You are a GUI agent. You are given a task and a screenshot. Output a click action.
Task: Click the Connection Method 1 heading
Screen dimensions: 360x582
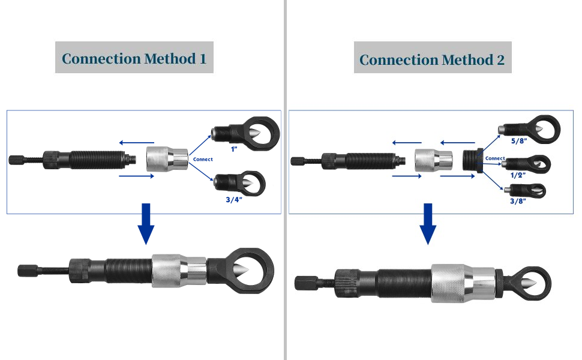[134, 58]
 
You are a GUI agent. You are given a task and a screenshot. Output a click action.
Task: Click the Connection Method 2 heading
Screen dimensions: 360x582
[432, 59]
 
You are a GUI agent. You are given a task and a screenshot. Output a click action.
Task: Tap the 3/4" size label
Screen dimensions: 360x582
[234, 200]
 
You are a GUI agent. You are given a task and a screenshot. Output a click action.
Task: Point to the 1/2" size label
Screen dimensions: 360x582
[517, 175]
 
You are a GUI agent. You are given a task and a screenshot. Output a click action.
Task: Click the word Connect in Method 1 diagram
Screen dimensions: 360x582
[203, 160]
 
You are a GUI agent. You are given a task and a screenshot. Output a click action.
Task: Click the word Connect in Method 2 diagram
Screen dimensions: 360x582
[495, 158]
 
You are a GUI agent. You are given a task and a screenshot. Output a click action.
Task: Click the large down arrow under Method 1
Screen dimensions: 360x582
[145, 224]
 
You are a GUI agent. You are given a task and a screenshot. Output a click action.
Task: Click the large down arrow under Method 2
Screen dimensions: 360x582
[427, 224]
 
